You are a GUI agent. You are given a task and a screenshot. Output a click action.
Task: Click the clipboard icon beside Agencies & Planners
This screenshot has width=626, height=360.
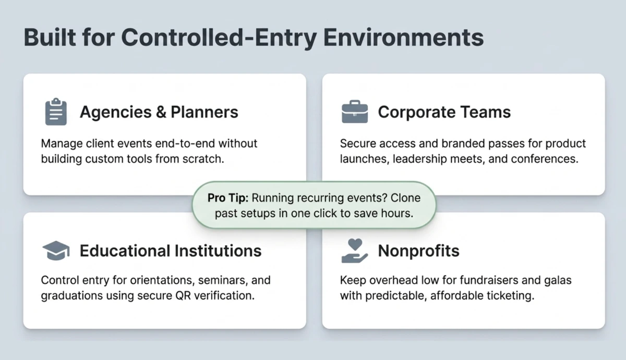pos(56,112)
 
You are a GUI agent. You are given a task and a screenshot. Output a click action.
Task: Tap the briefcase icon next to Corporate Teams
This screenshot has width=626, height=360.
pos(355,112)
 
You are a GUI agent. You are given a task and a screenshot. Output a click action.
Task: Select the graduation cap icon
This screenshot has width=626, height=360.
pos(56,251)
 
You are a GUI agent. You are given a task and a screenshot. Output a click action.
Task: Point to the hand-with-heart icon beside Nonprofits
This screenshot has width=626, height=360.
pos(355,250)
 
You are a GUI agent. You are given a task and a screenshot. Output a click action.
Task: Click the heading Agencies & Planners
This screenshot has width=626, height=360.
pos(159,112)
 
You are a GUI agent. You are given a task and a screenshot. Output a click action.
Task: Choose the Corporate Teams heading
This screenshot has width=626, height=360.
pos(444,112)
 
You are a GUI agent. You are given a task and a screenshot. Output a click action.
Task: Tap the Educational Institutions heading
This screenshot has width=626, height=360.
pos(170,251)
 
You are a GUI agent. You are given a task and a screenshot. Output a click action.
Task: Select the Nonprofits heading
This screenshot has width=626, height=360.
pos(418,251)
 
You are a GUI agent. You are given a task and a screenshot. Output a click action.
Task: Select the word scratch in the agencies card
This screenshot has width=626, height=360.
pos(204,159)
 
